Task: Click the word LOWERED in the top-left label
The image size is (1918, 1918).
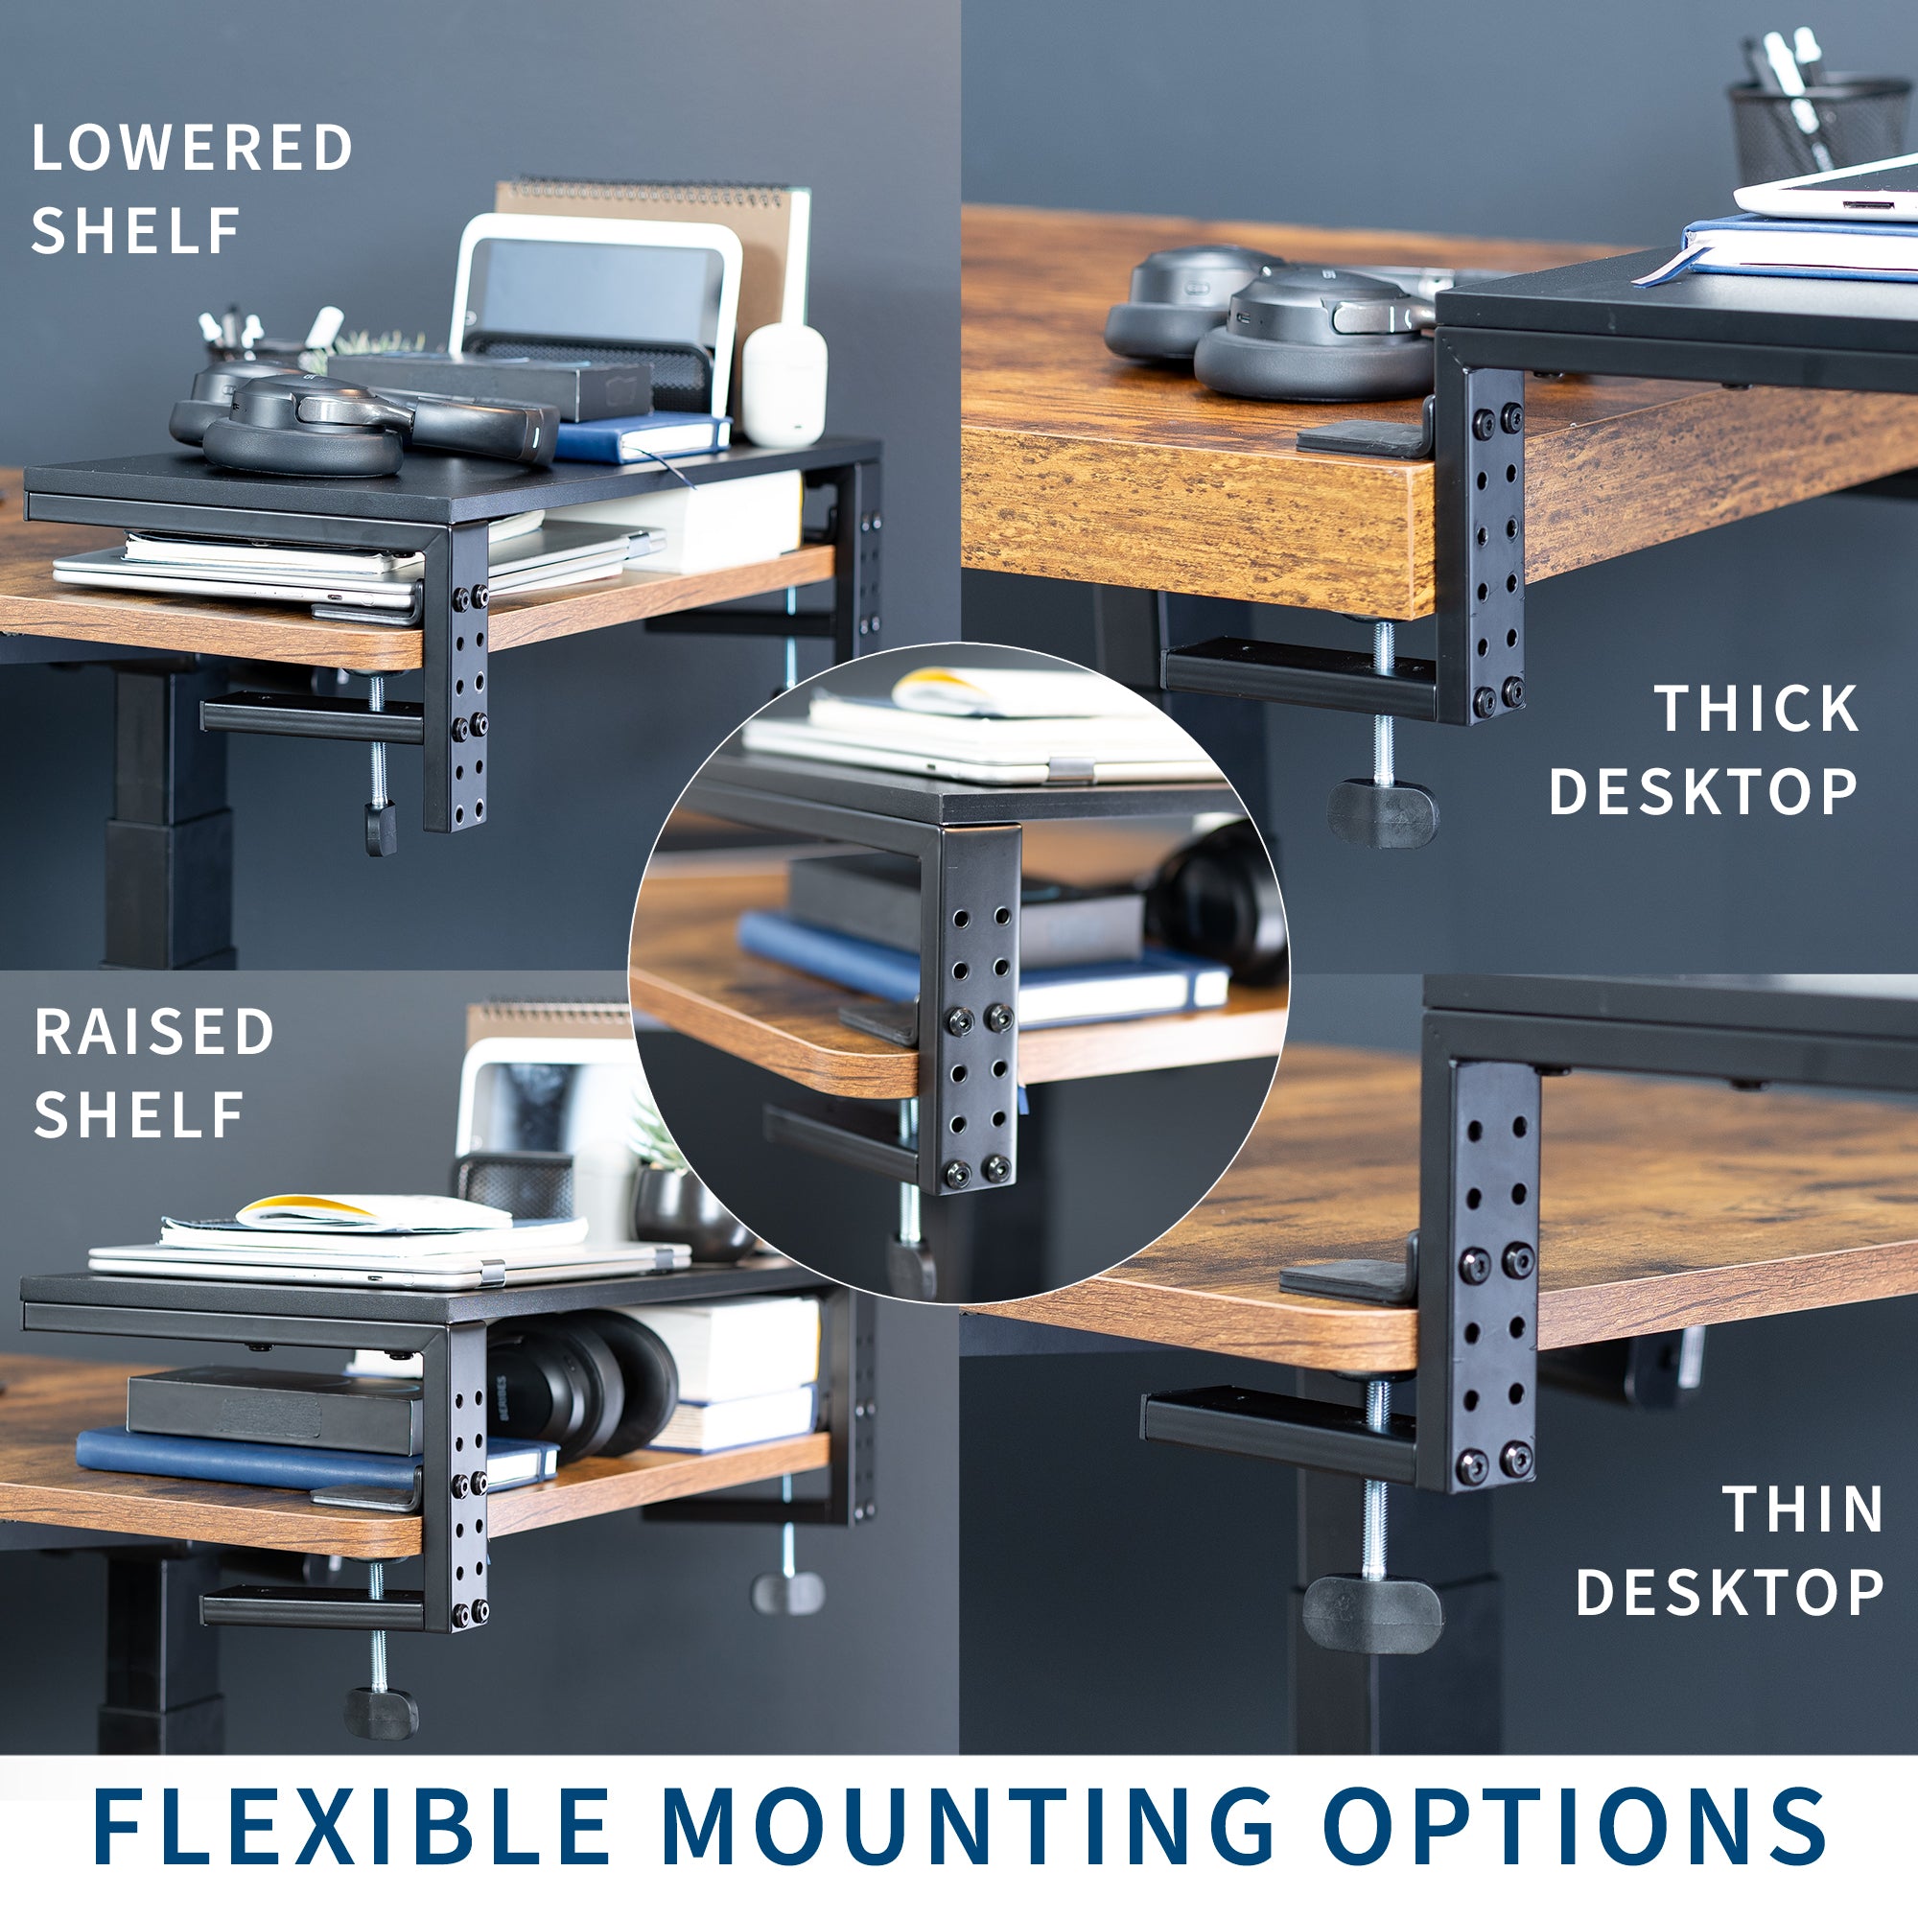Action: point(192,148)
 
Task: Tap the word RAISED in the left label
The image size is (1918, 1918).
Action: point(153,1032)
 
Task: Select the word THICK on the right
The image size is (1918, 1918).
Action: point(1755,709)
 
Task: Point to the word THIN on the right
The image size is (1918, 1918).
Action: point(1803,1510)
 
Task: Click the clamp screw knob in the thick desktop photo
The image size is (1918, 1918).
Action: point(1382,813)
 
